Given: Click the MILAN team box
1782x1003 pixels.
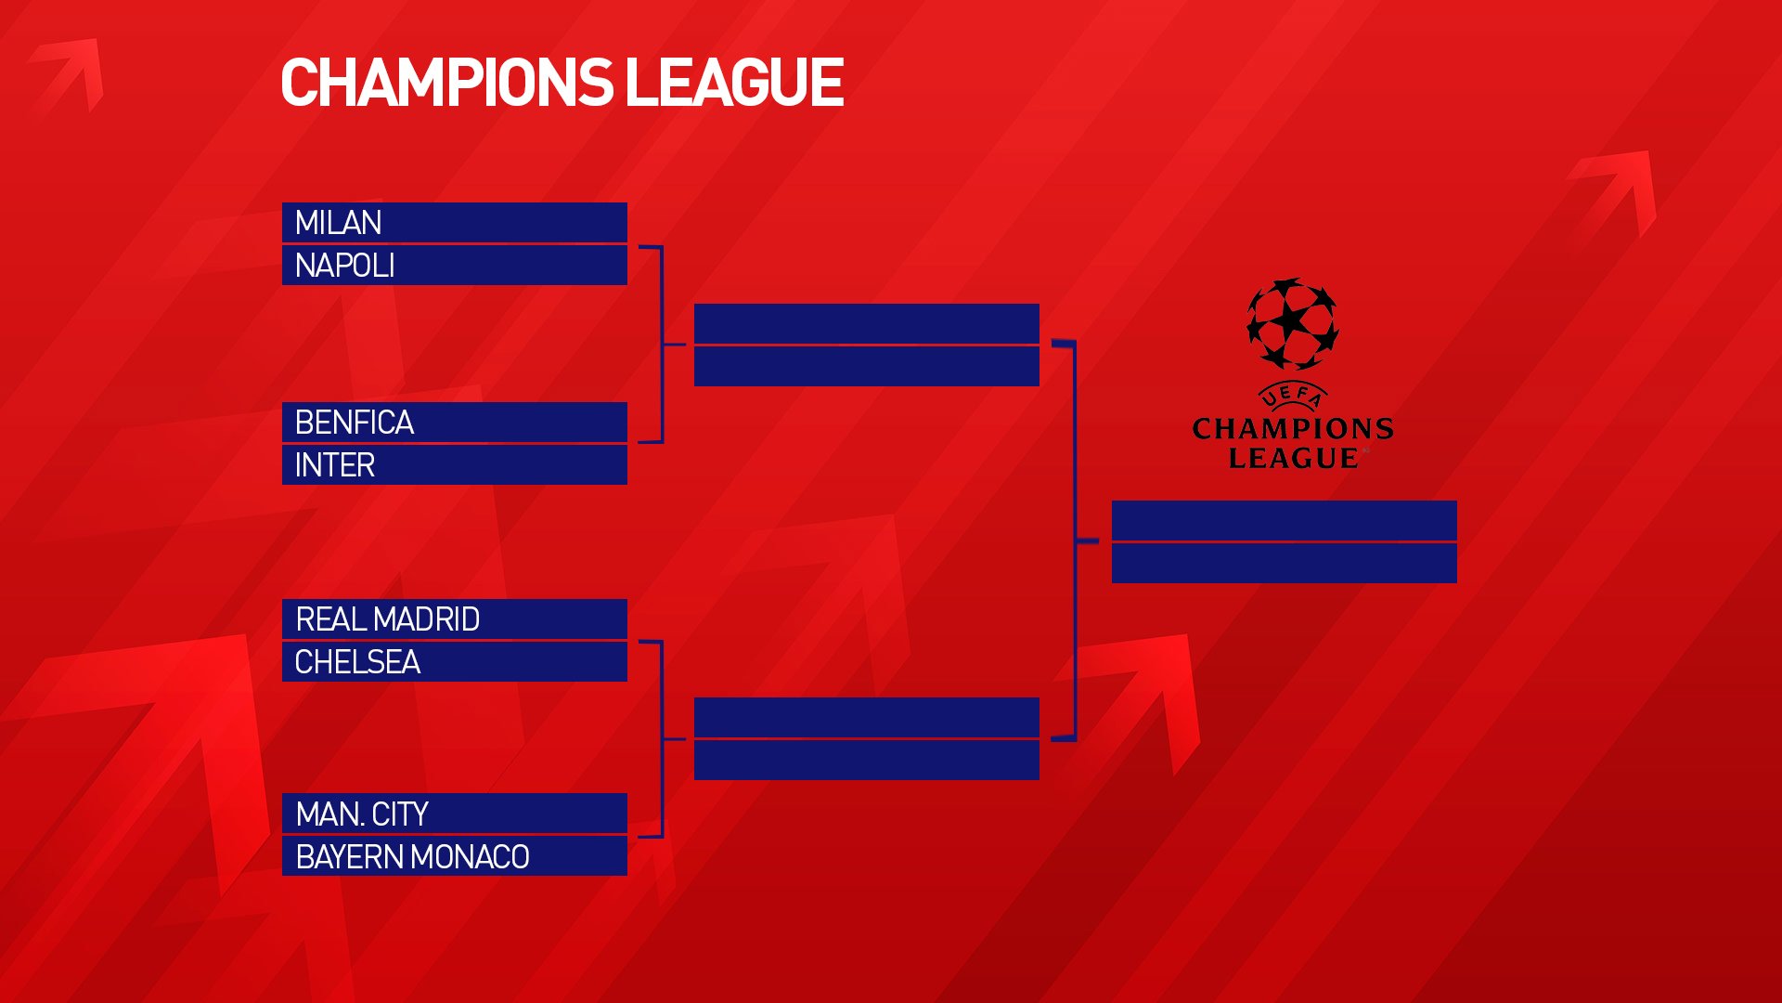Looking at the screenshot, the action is click(x=455, y=223).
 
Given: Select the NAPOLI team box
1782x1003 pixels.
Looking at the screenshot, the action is click(x=455, y=266).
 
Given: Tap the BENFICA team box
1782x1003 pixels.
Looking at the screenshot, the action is click(x=455, y=423).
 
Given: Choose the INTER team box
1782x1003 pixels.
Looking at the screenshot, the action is click(x=455, y=464).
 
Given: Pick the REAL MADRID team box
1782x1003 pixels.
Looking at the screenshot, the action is click(x=455, y=619).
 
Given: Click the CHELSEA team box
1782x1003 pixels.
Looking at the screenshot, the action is click(x=455, y=662).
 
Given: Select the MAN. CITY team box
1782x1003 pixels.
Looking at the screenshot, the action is click(x=455, y=814).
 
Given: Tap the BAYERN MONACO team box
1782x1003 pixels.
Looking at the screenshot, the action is click(x=455, y=856).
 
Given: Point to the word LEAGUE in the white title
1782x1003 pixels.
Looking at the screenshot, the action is click(x=734, y=83).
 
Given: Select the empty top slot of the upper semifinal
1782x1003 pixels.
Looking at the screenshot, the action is click(x=867, y=323).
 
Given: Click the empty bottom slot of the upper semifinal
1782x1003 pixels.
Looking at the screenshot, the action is click(x=867, y=366).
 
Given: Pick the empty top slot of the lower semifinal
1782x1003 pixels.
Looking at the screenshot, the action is click(x=867, y=717).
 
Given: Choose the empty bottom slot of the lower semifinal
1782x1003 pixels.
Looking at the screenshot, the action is click(x=867, y=760).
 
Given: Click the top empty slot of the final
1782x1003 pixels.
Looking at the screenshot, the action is click(x=1285, y=520).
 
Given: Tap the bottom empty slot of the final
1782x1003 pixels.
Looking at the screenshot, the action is click(x=1285, y=563).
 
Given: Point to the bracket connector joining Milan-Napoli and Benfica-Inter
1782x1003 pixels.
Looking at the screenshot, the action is click(x=662, y=345).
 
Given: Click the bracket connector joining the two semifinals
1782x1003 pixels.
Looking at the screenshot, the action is click(x=1075, y=541).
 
